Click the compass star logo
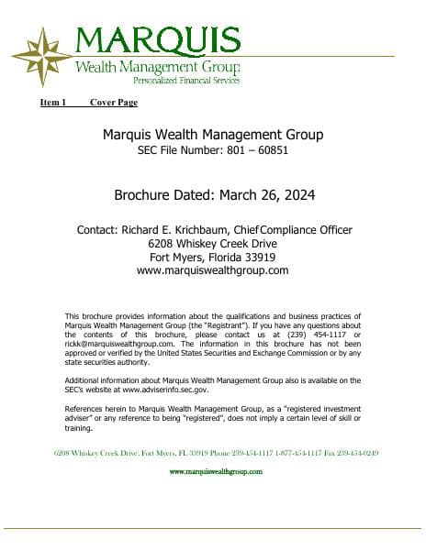(x=41, y=57)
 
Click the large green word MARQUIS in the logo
(x=157, y=40)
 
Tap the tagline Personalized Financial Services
(x=186, y=81)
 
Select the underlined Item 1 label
(x=53, y=102)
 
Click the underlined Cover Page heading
(x=113, y=102)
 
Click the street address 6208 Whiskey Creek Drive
(x=212, y=243)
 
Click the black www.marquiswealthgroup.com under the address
(x=212, y=270)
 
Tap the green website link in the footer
(x=216, y=471)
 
